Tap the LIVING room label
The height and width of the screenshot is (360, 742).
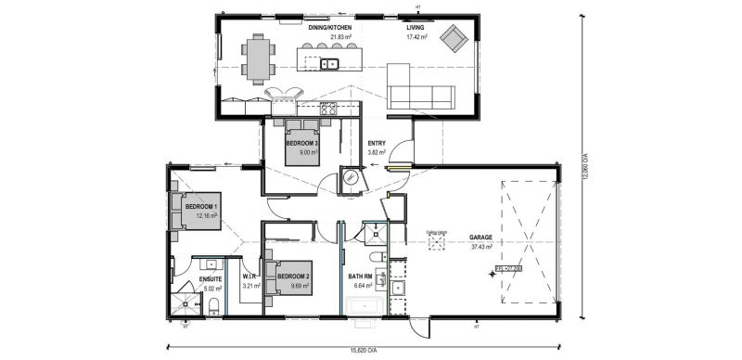click(x=416, y=28)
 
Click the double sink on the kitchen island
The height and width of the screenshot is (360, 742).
click(x=329, y=64)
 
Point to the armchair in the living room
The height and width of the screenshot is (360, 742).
click(x=454, y=38)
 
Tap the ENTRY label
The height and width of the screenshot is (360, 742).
click(x=377, y=143)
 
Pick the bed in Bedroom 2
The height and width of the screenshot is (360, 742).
click(x=282, y=276)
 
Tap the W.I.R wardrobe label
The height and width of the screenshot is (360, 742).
click(x=249, y=276)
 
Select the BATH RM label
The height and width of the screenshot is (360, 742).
click(x=361, y=276)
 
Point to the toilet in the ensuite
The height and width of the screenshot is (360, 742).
click(x=212, y=305)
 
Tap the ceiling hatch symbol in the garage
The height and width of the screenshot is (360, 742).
click(x=435, y=245)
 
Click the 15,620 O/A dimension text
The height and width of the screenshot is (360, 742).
click(x=363, y=351)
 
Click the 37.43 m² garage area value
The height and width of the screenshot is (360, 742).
click(x=480, y=247)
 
